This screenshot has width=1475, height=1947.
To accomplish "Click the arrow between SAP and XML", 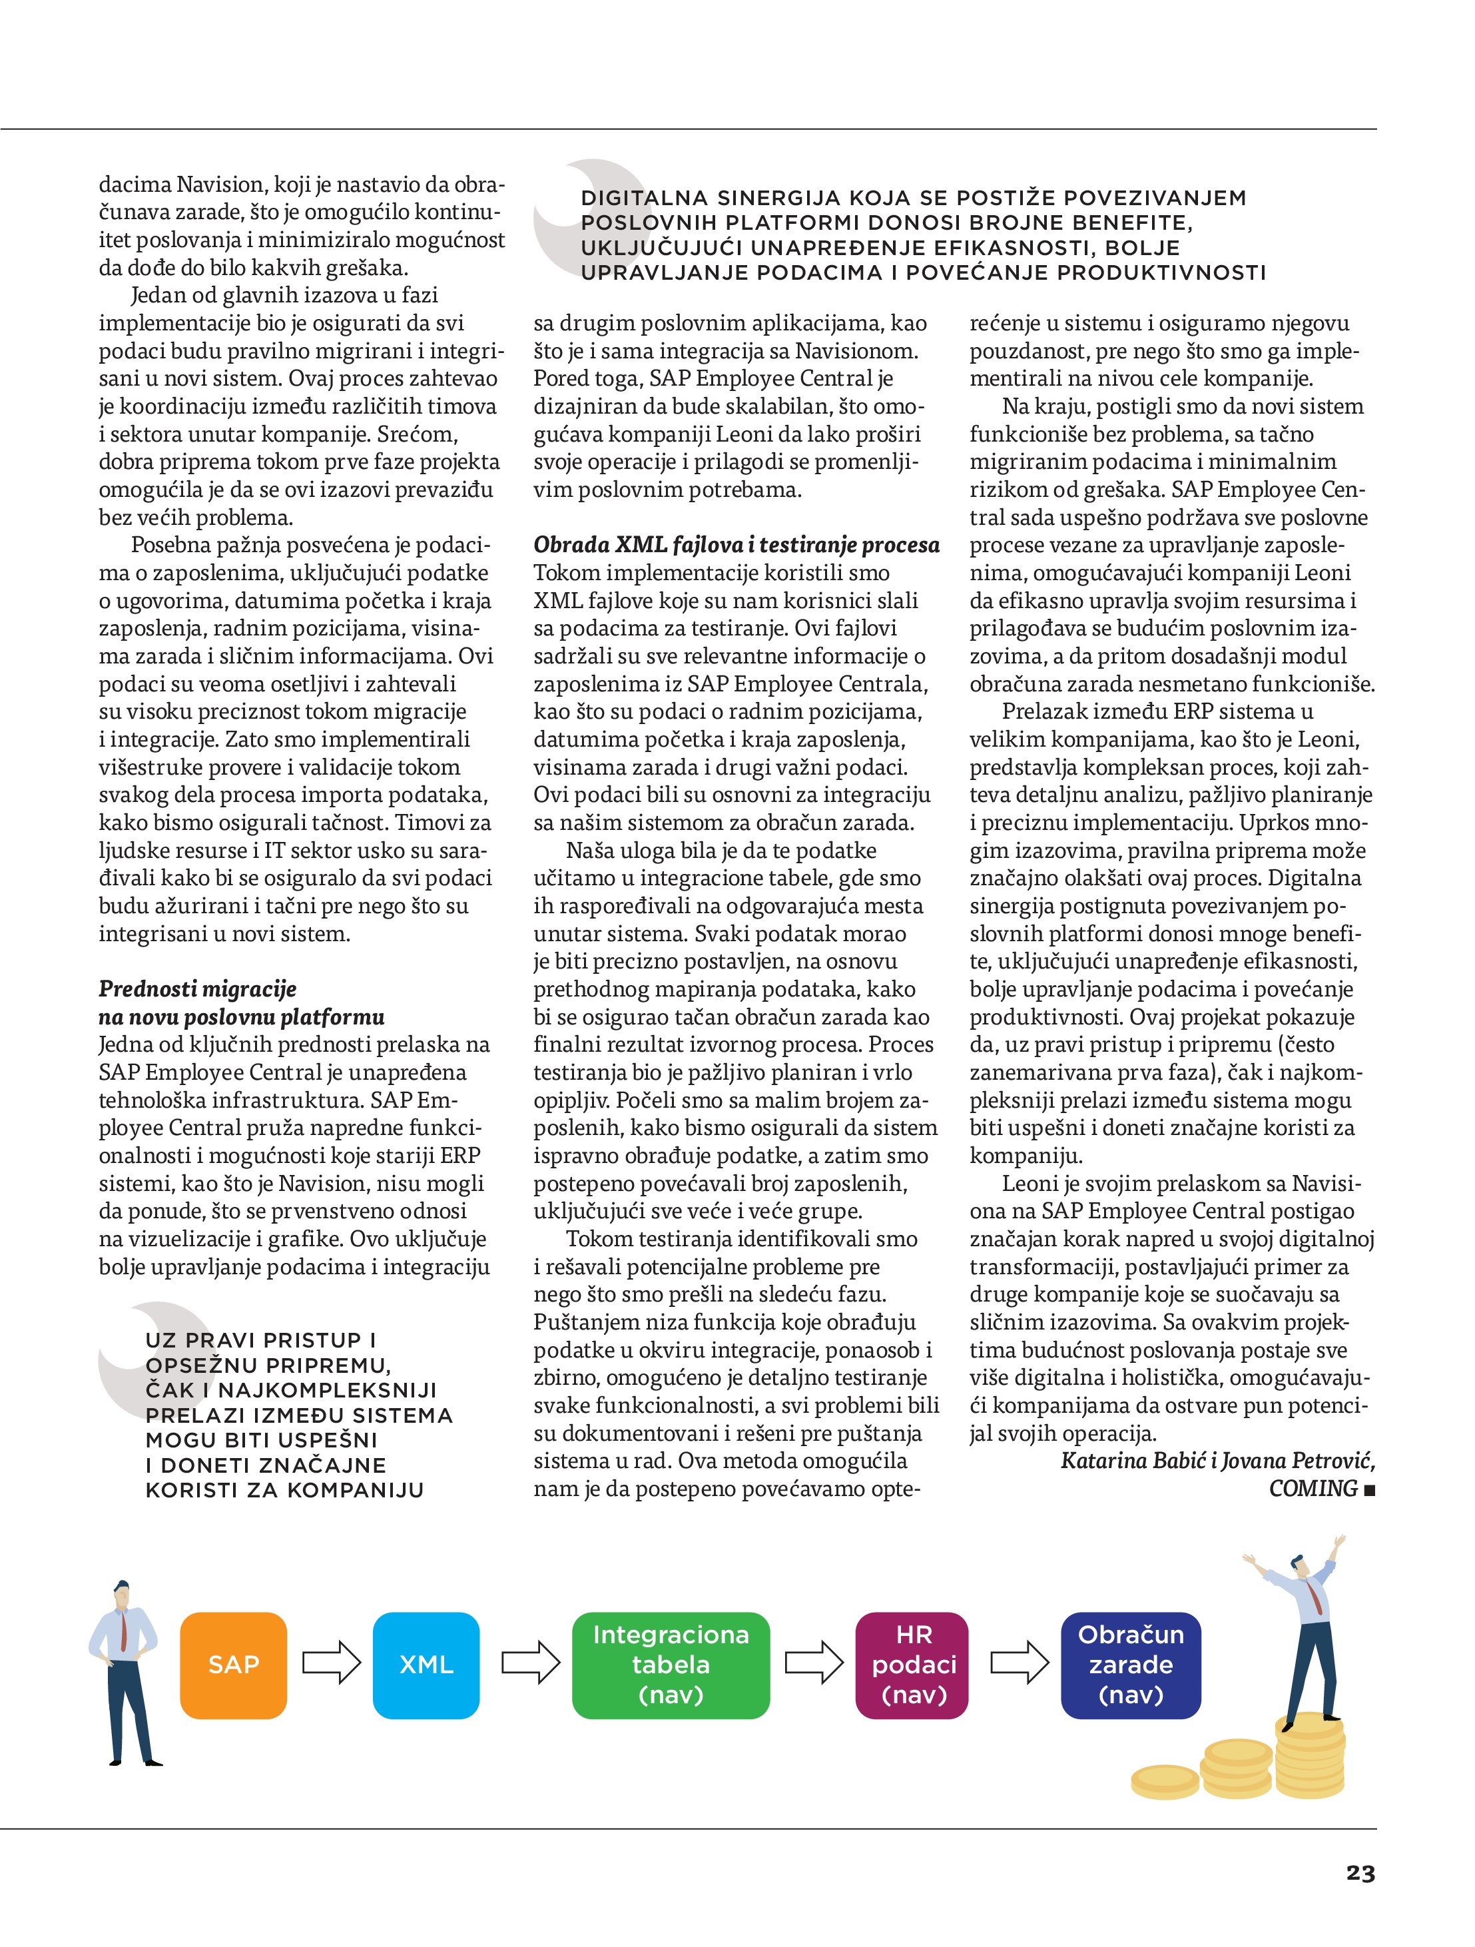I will [x=331, y=1663].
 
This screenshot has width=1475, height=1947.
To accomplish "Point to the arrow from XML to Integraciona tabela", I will [x=530, y=1663].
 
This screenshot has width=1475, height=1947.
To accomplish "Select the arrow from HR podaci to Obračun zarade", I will [x=1019, y=1663].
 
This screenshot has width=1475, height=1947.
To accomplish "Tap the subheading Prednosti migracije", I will [x=197, y=988].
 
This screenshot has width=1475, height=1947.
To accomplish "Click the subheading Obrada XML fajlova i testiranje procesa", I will [x=736, y=545].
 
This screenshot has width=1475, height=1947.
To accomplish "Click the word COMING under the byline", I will [x=1313, y=1489].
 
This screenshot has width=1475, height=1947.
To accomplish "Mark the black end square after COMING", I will [x=1368, y=1490].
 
